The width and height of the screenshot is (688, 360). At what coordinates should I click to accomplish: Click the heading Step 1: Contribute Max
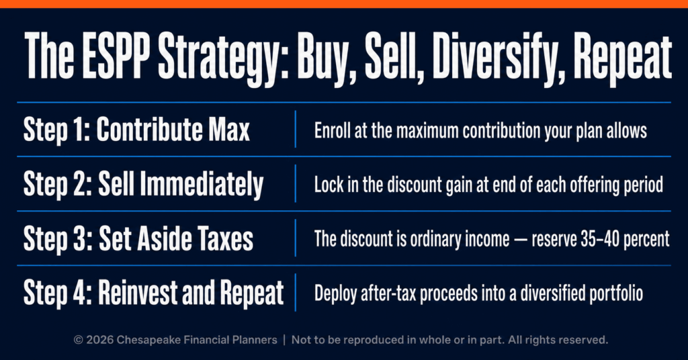136,130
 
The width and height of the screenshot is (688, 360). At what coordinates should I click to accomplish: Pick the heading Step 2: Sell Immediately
143,184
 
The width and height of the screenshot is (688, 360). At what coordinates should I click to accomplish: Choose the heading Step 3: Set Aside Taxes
138,238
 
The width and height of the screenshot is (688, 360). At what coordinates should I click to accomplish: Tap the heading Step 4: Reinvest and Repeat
154,293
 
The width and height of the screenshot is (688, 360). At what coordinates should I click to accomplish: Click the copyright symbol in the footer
79,340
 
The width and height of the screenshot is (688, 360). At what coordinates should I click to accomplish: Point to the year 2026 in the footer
100,340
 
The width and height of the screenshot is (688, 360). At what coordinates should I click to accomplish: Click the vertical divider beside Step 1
296,130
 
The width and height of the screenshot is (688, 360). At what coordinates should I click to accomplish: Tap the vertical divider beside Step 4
296,292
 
